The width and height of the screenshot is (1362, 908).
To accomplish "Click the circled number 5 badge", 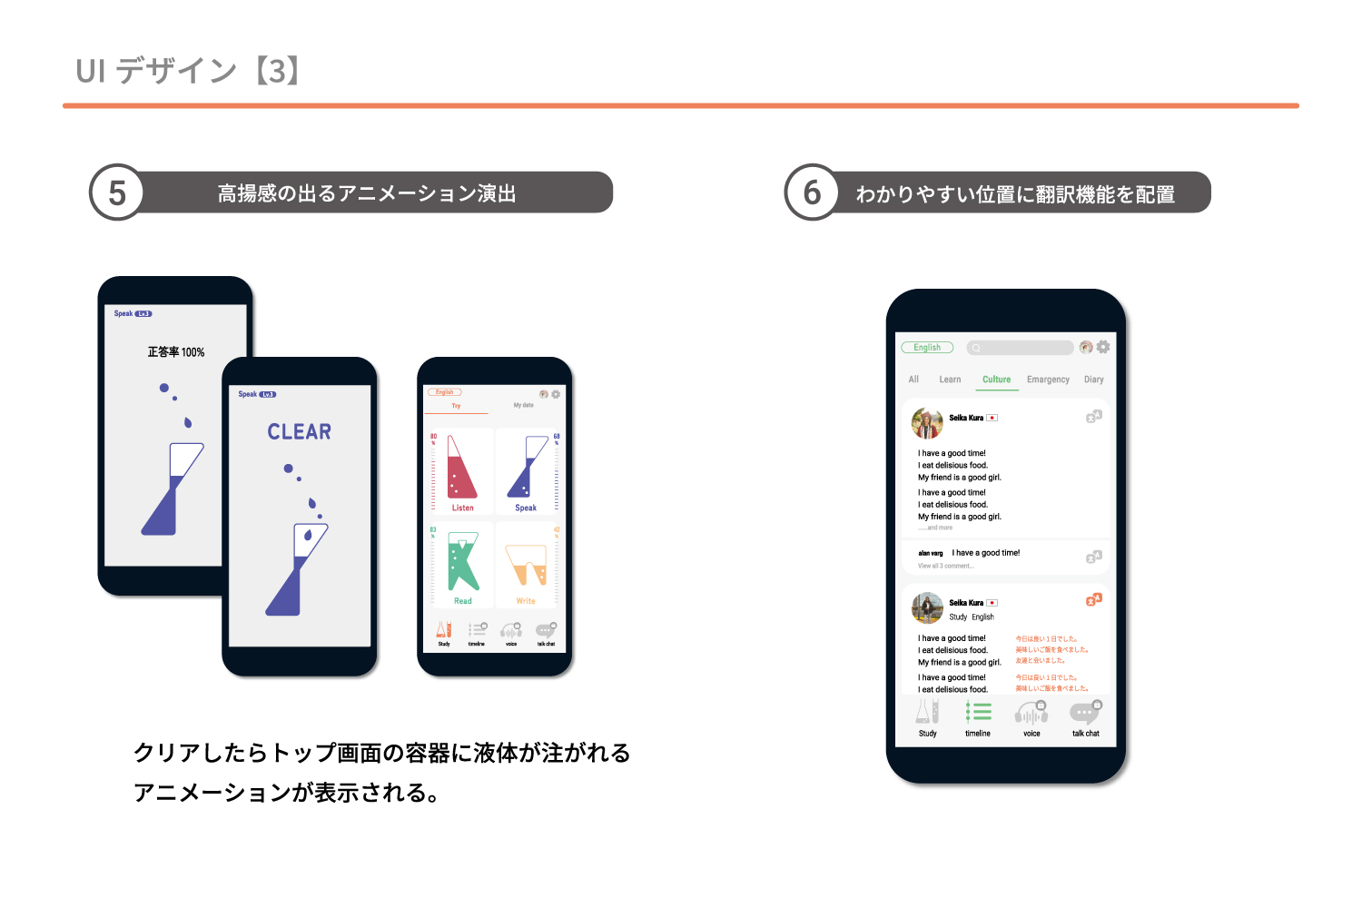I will point(117,192).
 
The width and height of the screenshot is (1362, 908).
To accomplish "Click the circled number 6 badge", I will point(812,192).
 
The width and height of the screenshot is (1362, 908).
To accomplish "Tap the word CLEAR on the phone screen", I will point(299,432).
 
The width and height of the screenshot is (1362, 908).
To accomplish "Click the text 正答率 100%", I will point(176,352).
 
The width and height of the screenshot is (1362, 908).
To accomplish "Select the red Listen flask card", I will point(462,471).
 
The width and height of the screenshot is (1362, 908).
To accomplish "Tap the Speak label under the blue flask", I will point(526,508).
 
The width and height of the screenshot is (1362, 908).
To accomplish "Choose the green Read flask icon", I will point(463,564).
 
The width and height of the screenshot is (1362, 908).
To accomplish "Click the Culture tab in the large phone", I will point(996,380).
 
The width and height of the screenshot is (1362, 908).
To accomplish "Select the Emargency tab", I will point(1048,380).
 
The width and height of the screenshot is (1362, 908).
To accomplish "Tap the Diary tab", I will point(1093,380).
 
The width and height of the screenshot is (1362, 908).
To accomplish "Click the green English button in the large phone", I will point(927,348).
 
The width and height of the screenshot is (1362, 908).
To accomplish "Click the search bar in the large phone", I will point(1021,348).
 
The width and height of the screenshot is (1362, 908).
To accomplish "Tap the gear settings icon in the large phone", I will point(1103,347).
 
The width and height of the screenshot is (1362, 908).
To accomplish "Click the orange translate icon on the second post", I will point(1093,599).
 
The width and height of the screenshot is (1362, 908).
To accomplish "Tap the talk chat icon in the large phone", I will point(1085,714).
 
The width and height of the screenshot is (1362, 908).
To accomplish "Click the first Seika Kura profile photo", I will point(927,423).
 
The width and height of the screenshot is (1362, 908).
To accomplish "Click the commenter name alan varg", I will point(930,553).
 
